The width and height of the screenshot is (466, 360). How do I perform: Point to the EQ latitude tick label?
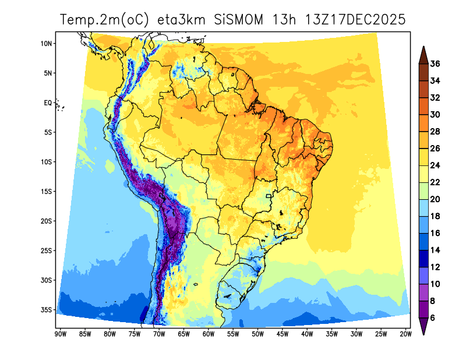48,103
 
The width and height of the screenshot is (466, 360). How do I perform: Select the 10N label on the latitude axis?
47,44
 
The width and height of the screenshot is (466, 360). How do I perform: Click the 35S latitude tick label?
47,309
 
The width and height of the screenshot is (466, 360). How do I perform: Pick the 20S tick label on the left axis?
47,221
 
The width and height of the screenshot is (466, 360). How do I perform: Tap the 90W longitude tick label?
59,334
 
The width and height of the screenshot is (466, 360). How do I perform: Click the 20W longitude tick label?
406,334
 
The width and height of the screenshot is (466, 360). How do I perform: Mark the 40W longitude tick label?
307,334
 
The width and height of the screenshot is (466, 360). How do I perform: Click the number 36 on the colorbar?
435,64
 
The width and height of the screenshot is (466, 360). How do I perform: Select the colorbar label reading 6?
433,317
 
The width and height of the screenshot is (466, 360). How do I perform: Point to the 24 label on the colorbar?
435,165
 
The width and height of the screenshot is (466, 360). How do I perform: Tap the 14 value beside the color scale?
435,250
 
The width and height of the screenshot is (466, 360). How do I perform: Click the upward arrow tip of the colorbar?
423,50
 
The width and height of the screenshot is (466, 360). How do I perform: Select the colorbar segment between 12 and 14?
423,258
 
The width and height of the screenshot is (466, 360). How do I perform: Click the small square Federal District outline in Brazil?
269,196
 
